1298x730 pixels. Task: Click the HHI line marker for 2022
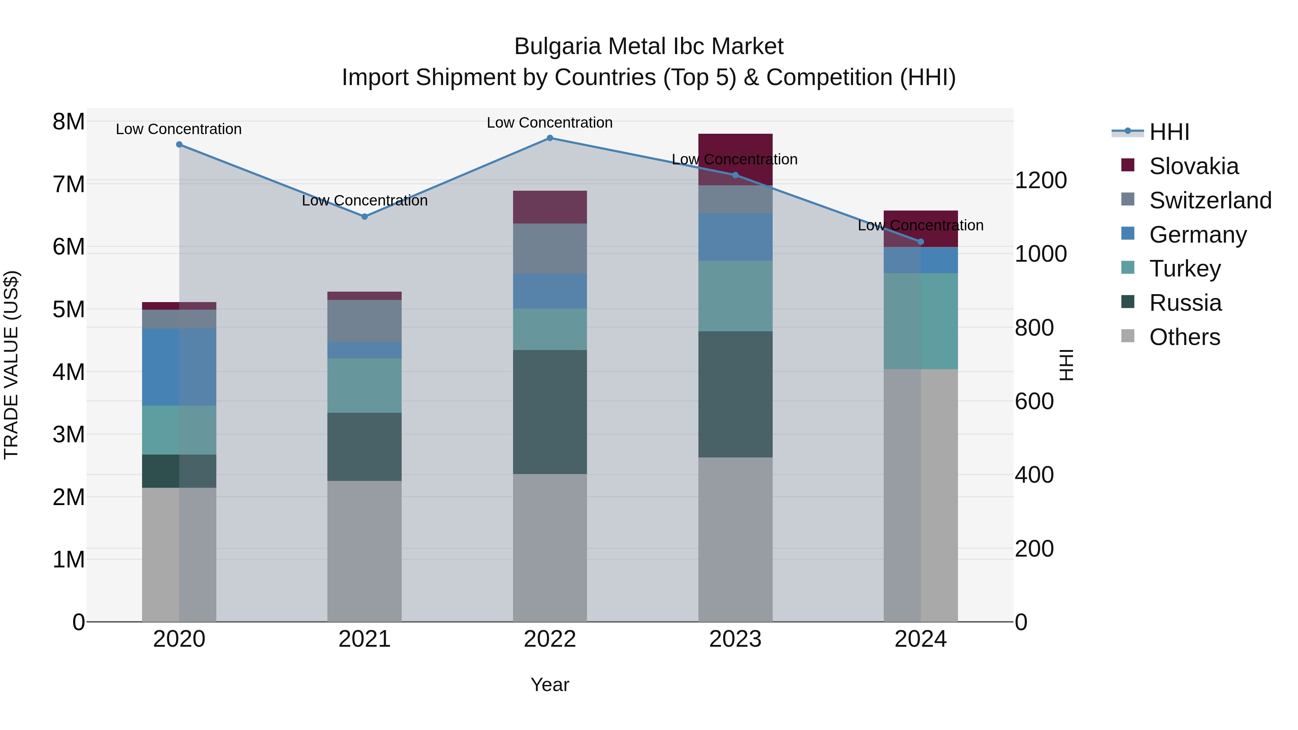click(550, 138)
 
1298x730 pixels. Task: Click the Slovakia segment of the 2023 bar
click(735, 151)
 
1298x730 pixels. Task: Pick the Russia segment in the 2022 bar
click(550, 412)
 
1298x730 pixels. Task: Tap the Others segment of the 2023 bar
click(735, 539)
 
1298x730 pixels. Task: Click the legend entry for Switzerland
click(1210, 200)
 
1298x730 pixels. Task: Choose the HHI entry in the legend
click(1169, 132)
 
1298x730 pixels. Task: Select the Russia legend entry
click(1185, 303)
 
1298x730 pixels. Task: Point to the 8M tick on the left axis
click(69, 121)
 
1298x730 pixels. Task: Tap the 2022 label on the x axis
click(550, 639)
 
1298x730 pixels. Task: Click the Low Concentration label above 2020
click(179, 129)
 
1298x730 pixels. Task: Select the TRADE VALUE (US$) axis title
click(11, 365)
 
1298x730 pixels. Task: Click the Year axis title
click(550, 685)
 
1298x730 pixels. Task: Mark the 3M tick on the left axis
click(69, 434)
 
